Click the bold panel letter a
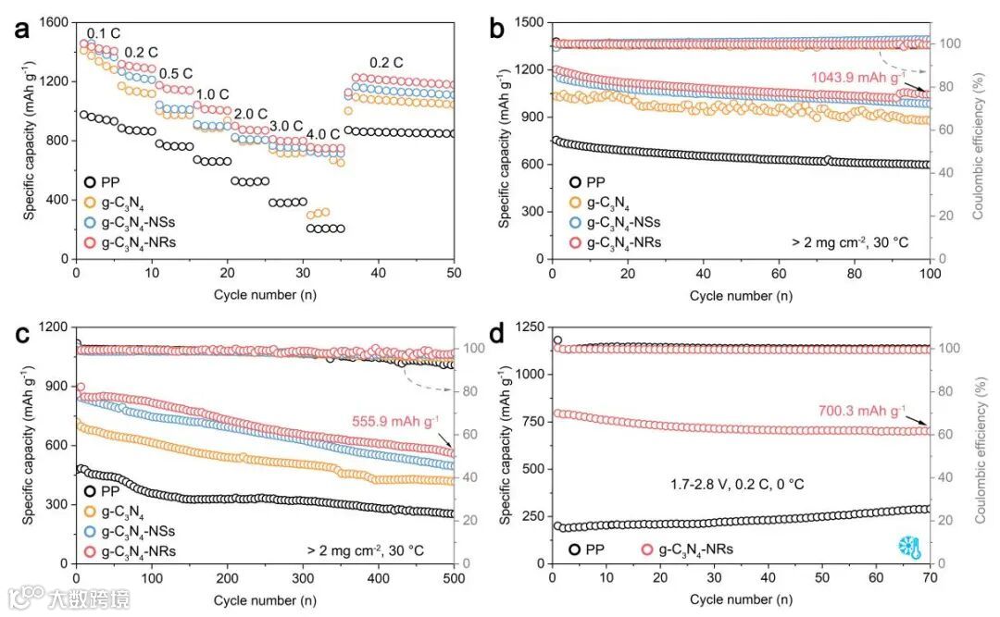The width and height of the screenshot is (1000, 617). click(x=20, y=28)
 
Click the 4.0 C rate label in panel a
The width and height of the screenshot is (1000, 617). click(x=323, y=133)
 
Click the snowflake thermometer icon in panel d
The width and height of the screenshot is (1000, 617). click(x=909, y=546)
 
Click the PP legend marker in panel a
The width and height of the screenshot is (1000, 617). click(x=89, y=181)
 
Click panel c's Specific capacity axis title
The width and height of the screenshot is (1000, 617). click(x=29, y=446)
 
